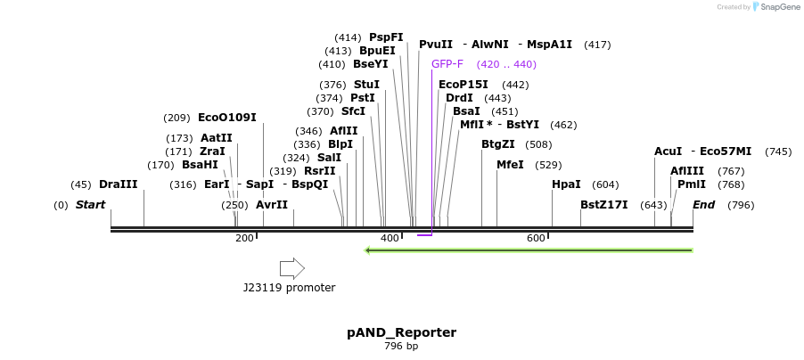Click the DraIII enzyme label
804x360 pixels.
(x=119, y=184)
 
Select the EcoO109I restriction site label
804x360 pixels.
(x=226, y=118)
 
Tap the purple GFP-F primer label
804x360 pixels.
(x=447, y=64)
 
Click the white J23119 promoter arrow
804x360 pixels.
(x=291, y=268)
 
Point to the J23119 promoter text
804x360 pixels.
(x=289, y=288)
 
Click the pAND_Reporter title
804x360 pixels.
(x=401, y=332)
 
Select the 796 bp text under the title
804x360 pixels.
(x=401, y=347)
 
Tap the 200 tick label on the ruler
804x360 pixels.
(x=244, y=239)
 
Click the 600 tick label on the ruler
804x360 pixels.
(x=536, y=239)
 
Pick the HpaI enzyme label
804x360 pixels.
(x=566, y=184)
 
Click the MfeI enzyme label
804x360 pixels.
(x=510, y=165)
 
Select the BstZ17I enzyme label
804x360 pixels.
(x=603, y=205)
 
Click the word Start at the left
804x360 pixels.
(x=90, y=205)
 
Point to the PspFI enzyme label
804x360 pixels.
(x=386, y=37)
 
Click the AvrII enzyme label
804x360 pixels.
(x=272, y=205)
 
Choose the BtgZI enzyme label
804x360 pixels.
(x=498, y=144)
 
